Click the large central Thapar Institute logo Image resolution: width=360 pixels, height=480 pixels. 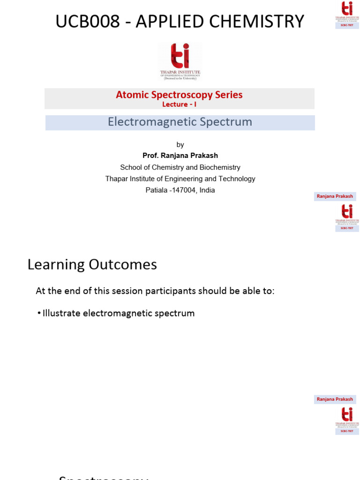click(180, 61)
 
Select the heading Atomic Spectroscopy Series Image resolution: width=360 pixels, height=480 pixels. click(179, 95)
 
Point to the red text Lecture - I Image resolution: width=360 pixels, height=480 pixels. click(179, 105)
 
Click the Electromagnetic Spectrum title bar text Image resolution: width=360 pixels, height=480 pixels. click(180, 122)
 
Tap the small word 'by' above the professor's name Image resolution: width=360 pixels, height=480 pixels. click(180, 145)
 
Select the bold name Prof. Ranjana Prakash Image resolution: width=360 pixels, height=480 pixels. click(180, 156)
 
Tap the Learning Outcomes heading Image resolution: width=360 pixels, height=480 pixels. click(92, 265)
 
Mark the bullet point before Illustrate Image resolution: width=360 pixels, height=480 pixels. click(39, 314)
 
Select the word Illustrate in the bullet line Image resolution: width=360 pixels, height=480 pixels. click(61, 313)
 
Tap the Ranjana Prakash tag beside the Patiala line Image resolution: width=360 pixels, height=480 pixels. click(335, 196)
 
